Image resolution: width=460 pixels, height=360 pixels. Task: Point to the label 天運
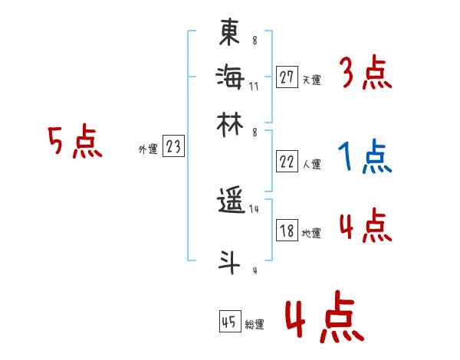311,79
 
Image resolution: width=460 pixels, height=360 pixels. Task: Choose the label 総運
255,324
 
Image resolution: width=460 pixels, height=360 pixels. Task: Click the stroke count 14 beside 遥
255,210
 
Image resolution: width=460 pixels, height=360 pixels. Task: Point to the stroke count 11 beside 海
254,86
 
